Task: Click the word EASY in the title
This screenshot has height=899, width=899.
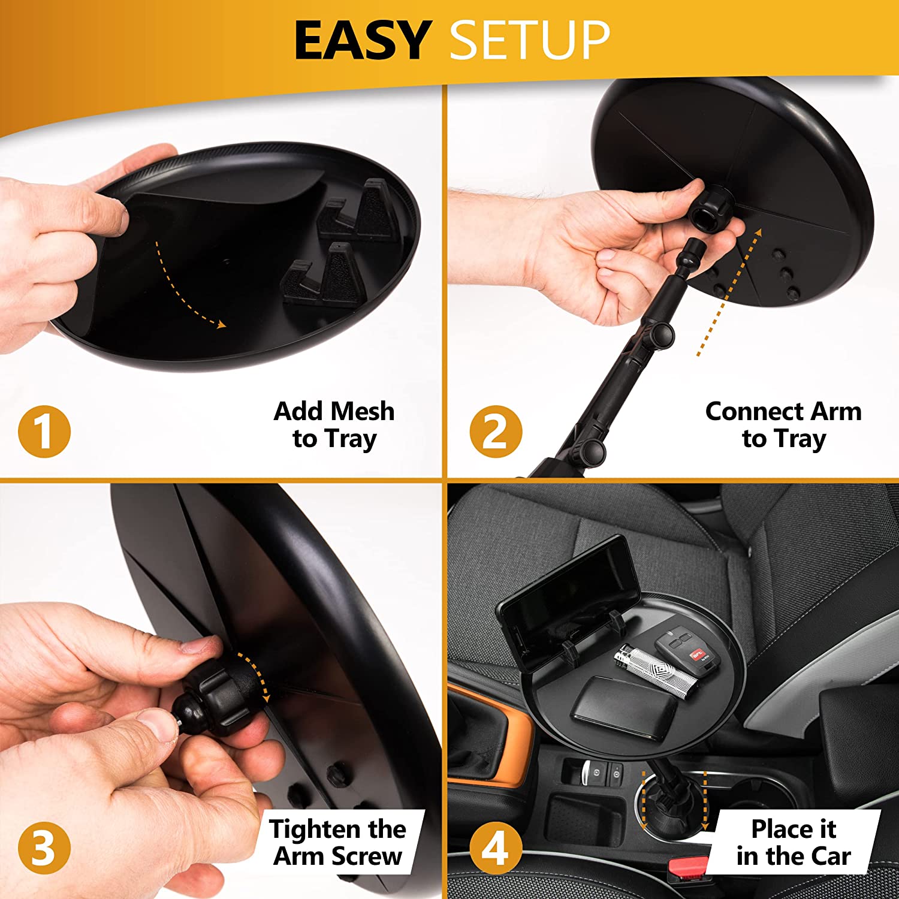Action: [x=363, y=40]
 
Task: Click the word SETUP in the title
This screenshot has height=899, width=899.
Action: [x=530, y=40]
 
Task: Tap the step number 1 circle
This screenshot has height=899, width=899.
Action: [x=44, y=432]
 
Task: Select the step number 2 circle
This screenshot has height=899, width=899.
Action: [x=496, y=432]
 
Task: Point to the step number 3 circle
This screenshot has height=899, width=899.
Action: [x=44, y=848]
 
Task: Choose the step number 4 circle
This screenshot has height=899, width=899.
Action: [x=496, y=848]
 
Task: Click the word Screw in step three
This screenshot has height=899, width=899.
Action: [x=366, y=856]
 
